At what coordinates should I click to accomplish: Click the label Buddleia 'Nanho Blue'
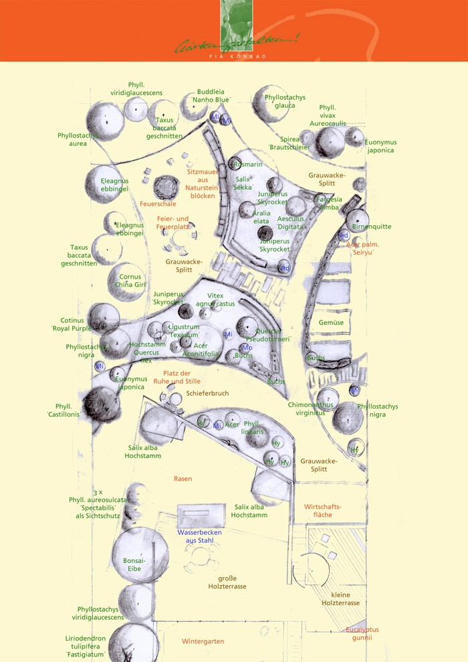tap(211, 96)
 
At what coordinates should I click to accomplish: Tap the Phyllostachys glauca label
tap(285, 101)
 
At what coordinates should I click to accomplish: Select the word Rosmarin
tap(247, 164)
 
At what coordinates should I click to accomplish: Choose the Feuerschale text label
tap(158, 204)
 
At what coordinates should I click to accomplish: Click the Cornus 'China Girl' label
tap(130, 280)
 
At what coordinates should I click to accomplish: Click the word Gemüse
tap(331, 322)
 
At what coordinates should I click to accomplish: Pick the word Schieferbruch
tap(207, 394)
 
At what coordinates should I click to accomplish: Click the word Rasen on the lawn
tap(183, 479)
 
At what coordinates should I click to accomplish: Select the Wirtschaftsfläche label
tap(323, 511)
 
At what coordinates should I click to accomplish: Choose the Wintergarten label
tap(203, 641)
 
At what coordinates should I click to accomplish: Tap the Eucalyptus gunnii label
tap(362, 633)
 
